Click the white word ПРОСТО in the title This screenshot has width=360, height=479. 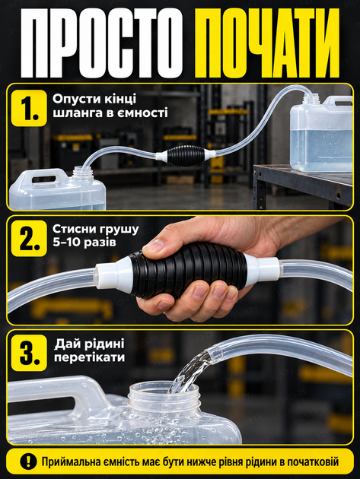(x=102, y=43)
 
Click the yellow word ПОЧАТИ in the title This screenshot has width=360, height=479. (x=266, y=43)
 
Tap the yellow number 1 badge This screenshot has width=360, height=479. (x=29, y=108)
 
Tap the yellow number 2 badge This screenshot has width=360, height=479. (x=29, y=238)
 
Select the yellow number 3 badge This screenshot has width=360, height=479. (x=29, y=353)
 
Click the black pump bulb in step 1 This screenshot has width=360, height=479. (x=186, y=156)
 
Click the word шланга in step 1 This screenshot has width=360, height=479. (x=72, y=113)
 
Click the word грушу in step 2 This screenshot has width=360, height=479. (x=120, y=230)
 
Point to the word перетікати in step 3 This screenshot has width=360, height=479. (x=89, y=357)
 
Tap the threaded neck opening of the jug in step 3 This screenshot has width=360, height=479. (x=164, y=394)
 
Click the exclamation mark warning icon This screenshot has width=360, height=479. (x=28, y=462)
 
